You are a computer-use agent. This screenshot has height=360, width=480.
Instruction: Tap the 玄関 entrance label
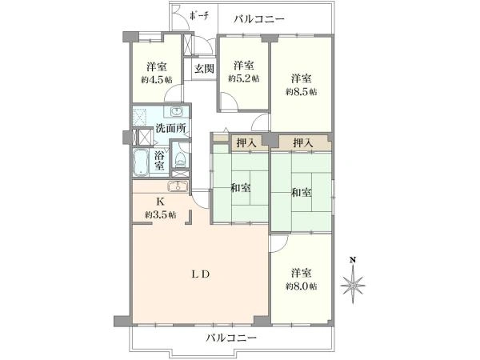pos(204,69)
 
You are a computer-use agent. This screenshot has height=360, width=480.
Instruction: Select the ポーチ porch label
pos(199,16)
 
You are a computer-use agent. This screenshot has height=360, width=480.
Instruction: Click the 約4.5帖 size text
pos(157,80)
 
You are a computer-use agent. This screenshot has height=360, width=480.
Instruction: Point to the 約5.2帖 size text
pos(244,78)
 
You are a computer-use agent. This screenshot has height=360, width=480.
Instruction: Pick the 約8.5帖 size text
pos(302,91)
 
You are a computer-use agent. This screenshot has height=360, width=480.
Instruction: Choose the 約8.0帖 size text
pos(302,286)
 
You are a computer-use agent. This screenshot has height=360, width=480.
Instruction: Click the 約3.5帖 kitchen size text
pos(161,215)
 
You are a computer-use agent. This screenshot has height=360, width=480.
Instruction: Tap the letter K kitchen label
pos(160,202)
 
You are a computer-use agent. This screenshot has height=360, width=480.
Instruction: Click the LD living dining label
pos(201,274)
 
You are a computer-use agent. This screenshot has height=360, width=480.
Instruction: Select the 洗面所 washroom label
pos(170,128)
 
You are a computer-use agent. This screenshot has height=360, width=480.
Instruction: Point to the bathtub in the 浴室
pos(141,162)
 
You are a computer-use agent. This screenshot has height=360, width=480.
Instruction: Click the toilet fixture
pos(180,159)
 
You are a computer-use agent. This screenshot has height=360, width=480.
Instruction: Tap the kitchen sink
pos(178,186)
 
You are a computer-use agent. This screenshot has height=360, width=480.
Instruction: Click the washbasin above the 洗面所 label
pos(176,112)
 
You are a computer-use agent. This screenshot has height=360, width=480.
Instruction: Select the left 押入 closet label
pos(246,142)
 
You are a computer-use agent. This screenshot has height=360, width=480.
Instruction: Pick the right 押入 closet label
pos(303,142)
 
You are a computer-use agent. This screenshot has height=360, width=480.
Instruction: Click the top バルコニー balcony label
pos(259,19)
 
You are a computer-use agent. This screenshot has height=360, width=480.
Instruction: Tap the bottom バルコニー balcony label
pos(231,338)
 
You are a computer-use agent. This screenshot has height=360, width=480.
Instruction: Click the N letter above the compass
pos(353,261)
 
